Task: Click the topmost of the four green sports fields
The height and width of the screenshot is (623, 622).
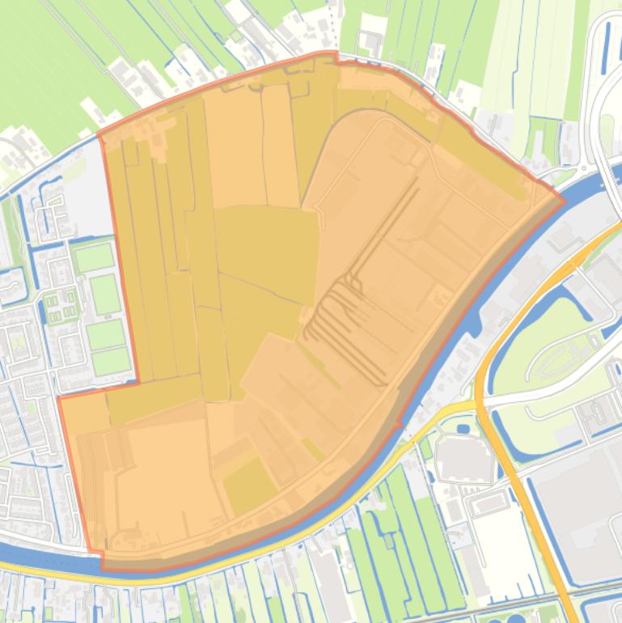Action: point(95,258)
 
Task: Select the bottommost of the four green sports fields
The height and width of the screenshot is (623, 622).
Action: point(110,361)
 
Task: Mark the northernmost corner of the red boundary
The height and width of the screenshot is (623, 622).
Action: point(336,53)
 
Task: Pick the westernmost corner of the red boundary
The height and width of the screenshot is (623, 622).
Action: point(59,397)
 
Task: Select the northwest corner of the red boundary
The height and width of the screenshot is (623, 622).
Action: point(99,135)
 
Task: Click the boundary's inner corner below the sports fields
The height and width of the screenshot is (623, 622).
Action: point(138,381)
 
